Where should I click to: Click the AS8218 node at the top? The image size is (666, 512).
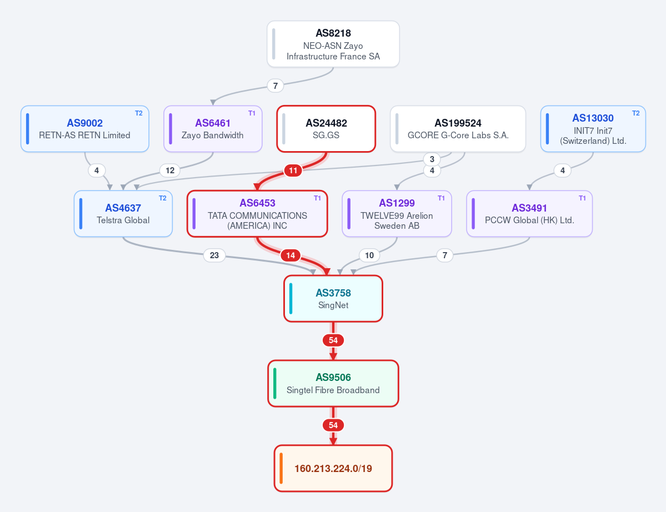[333, 44]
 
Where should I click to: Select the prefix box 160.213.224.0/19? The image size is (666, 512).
[333, 468]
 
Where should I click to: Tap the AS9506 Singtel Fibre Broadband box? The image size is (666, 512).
[333, 383]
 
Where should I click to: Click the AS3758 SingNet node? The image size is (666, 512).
[333, 298]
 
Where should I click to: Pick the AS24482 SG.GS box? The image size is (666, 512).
[326, 129]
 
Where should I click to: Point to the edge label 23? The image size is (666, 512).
[214, 255]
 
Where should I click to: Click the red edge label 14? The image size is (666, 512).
[291, 255]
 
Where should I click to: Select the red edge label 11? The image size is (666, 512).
[293, 170]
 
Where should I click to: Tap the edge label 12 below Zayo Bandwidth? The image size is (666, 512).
[170, 170]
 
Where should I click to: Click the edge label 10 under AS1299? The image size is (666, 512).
[369, 255]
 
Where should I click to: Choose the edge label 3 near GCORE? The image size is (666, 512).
[432, 159]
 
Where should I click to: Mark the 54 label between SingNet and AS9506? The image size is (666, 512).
[333, 340]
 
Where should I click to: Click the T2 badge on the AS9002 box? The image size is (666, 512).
[139, 113]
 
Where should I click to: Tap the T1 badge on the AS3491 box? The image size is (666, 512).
[582, 198]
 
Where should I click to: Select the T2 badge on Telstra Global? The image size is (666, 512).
[163, 198]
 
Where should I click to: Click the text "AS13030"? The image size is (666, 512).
[593, 118]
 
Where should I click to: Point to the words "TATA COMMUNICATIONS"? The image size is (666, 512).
[257, 215]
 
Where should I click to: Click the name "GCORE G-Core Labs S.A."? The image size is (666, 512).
[458, 135]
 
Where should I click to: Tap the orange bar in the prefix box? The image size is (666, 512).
[281, 468]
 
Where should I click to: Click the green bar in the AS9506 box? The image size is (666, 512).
[275, 383]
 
